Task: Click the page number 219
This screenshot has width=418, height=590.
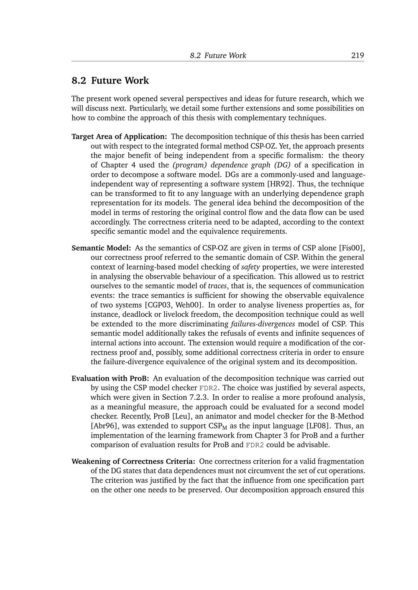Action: [x=357, y=55]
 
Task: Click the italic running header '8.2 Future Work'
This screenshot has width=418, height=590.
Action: [x=218, y=55]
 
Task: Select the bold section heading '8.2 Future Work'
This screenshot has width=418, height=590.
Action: [x=110, y=81]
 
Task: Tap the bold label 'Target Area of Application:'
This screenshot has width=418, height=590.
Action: [x=119, y=136]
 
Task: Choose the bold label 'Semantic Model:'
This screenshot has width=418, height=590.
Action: [x=101, y=248]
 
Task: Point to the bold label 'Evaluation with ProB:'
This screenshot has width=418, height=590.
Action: [x=110, y=378]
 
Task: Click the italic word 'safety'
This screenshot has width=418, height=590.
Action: [x=250, y=267]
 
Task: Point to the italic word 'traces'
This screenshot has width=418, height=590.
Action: [x=217, y=286]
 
